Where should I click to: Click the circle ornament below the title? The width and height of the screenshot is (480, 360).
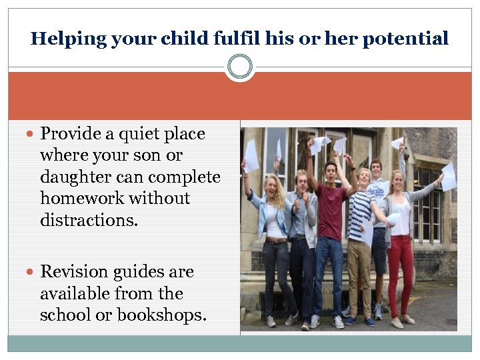tap(240, 67)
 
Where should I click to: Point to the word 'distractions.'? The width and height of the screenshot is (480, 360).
tap(89, 220)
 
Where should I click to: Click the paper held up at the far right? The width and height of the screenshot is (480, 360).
tap(448, 177)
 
